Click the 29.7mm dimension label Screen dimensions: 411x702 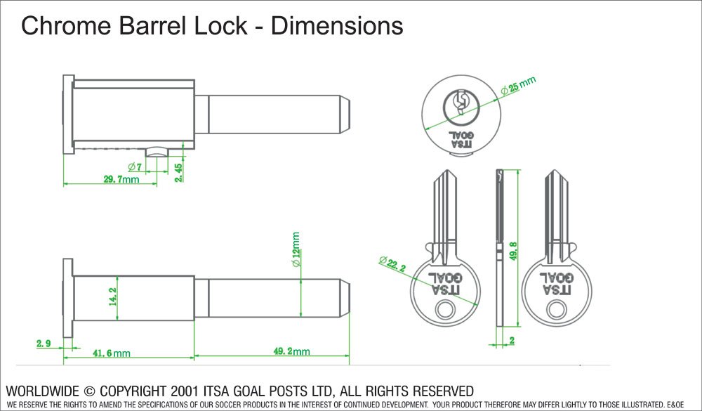(x=121, y=180)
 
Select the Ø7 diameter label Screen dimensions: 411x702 (x=135, y=167)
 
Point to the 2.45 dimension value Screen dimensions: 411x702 (x=180, y=172)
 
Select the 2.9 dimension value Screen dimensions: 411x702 (x=44, y=344)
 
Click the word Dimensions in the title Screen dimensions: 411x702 (x=337, y=26)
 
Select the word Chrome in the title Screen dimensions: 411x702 (x=62, y=26)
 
